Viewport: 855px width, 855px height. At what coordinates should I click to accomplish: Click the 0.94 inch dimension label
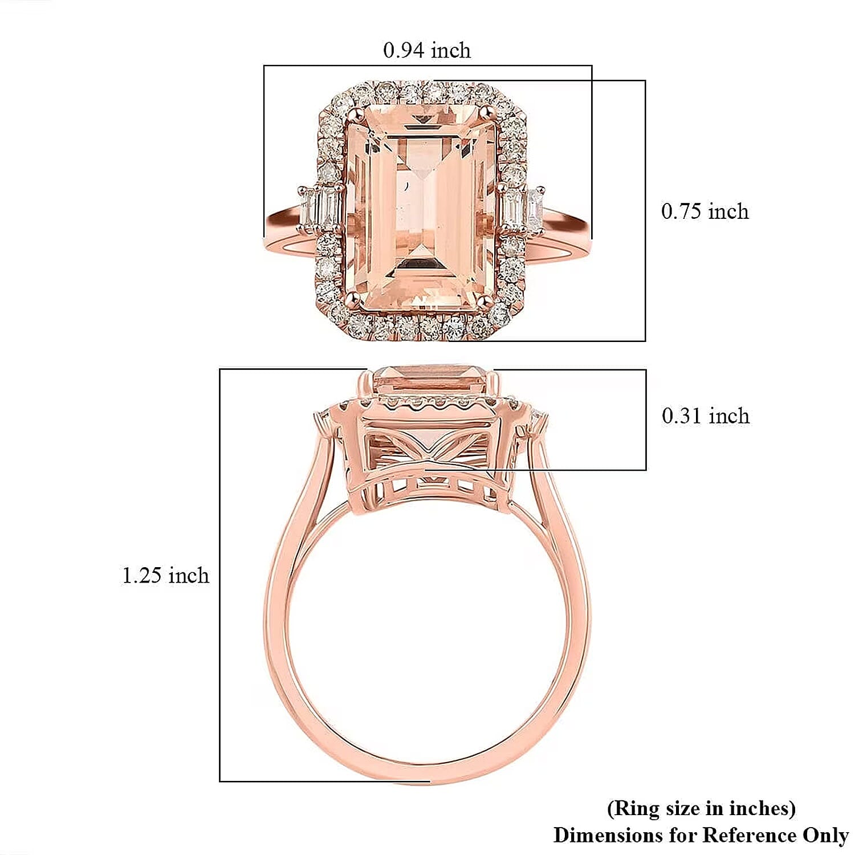(x=427, y=50)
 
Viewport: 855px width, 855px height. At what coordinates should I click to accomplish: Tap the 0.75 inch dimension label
(x=705, y=211)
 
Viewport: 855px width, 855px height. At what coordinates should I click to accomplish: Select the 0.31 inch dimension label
(x=705, y=416)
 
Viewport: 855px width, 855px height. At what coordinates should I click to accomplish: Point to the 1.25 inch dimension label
(x=165, y=575)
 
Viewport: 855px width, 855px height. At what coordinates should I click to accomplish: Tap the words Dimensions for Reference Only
(x=701, y=835)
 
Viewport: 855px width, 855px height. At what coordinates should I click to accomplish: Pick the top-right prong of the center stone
(x=487, y=113)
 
